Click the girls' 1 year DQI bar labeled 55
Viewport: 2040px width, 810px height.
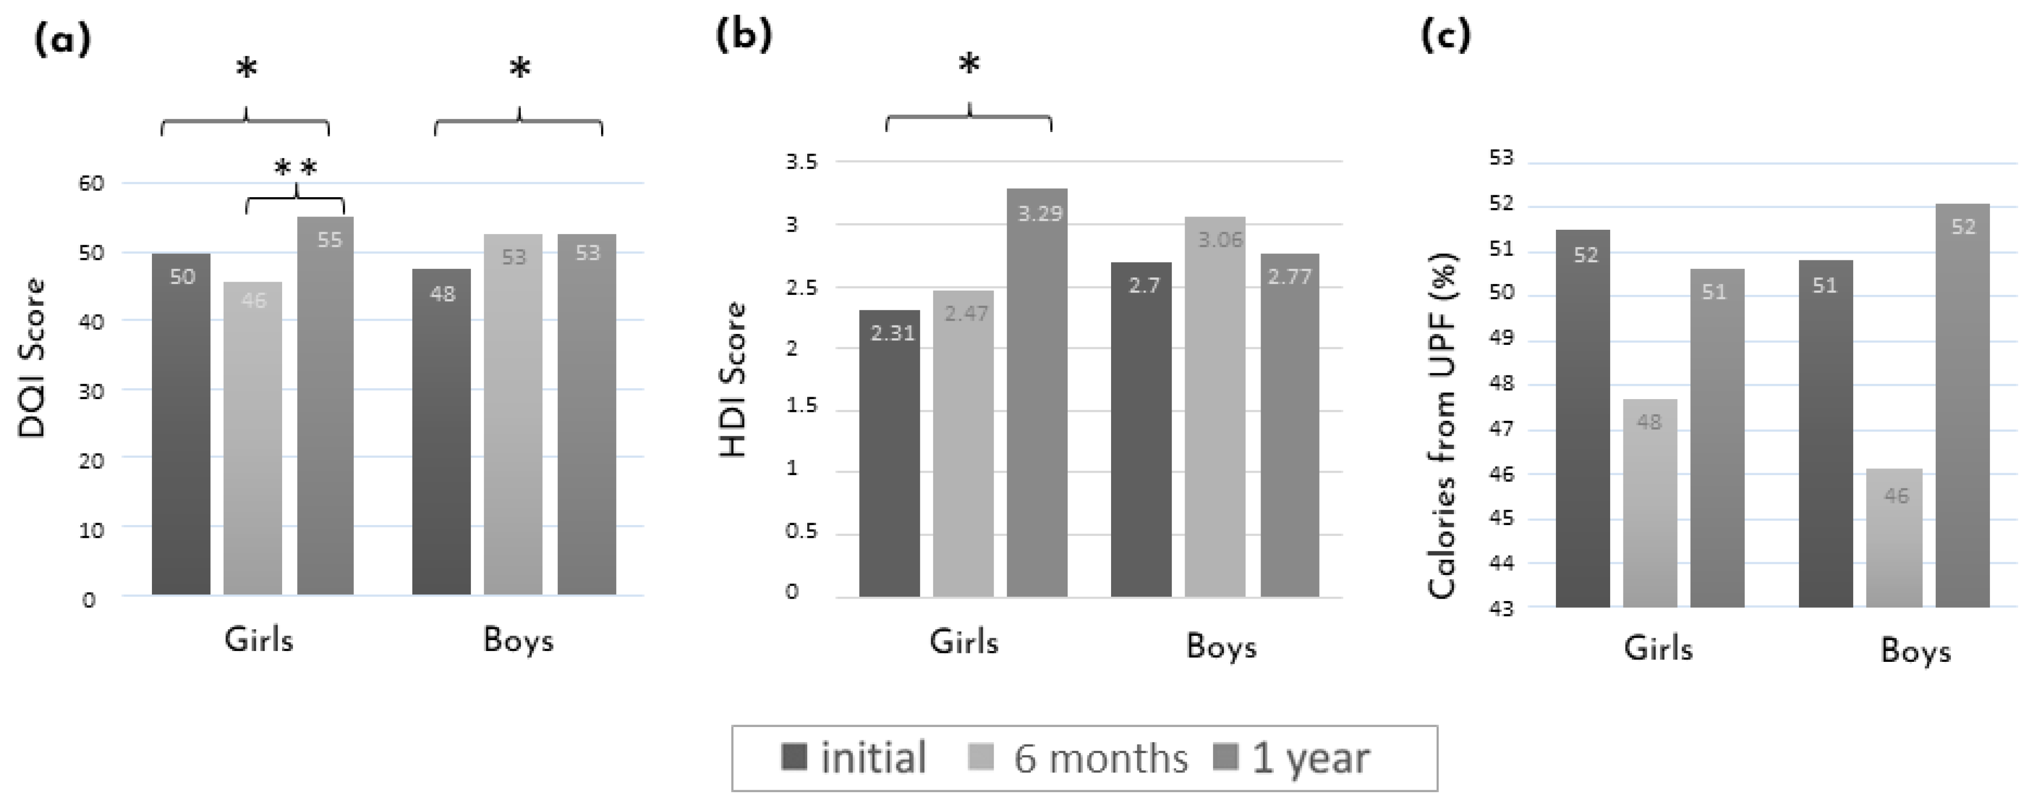[326, 405]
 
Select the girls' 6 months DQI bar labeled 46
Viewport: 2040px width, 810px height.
[252, 438]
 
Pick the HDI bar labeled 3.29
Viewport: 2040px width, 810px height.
[1037, 392]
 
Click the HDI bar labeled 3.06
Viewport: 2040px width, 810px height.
[1215, 406]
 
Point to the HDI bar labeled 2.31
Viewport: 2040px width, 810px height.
[889, 453]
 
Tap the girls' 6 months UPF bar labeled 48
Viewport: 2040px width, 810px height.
[1649, 503]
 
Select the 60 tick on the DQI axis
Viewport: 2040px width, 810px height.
[92, 184]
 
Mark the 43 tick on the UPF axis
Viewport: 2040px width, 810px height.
[1501, 609]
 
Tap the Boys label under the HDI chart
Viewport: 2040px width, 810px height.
[1221, 646]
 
